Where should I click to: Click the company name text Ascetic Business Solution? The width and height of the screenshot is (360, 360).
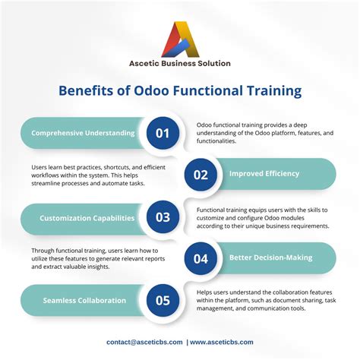[179, 63]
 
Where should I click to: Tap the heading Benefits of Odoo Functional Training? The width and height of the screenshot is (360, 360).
[180, 91]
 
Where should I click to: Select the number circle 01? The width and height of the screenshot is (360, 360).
[162, 133]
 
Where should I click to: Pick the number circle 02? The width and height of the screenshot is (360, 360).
[201, 175]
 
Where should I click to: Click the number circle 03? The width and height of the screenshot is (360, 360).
[162, 217]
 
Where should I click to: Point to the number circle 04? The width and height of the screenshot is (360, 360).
[201, 258]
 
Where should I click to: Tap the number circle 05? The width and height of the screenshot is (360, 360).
[162, 300]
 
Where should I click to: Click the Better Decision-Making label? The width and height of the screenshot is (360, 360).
[270, 258]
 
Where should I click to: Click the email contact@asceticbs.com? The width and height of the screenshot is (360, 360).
[144, 342]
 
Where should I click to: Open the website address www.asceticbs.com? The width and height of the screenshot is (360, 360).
[223, 342]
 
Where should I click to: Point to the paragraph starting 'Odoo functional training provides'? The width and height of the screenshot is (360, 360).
[264, 133]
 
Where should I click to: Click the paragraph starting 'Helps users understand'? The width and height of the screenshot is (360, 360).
[266, 301]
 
